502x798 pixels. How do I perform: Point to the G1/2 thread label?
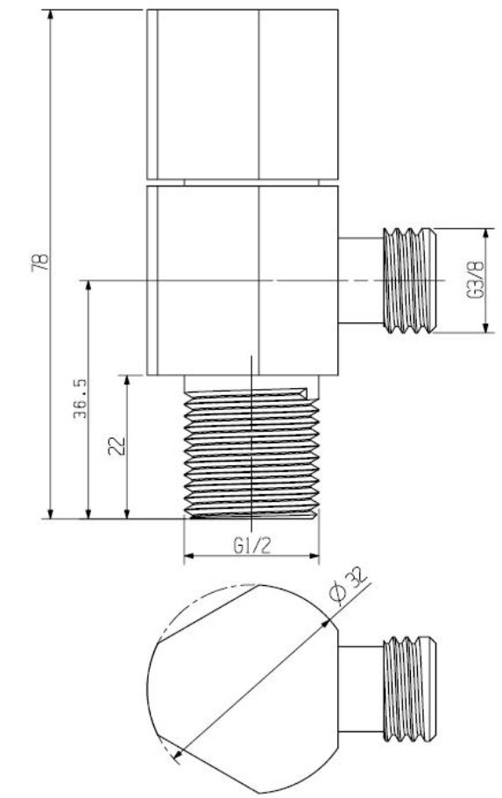pos(251,545)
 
